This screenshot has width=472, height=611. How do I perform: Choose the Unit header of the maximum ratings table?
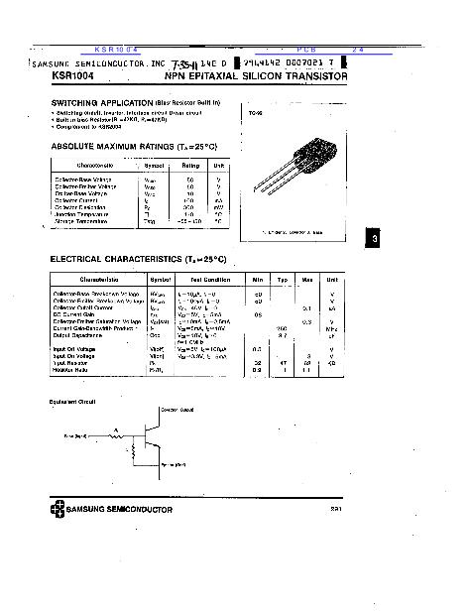pos(219,165)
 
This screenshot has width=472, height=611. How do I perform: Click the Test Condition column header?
pos(202,280)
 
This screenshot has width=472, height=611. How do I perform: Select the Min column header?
pos(258,280)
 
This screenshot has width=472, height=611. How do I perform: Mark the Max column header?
pos(307,280)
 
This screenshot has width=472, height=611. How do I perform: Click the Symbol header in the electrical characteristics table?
pos(160,280)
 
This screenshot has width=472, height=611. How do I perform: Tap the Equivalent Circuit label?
pos(72,401)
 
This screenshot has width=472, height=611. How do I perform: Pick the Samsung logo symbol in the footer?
pos(57,510)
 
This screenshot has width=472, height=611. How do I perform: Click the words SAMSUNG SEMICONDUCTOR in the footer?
pos(120,510)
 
